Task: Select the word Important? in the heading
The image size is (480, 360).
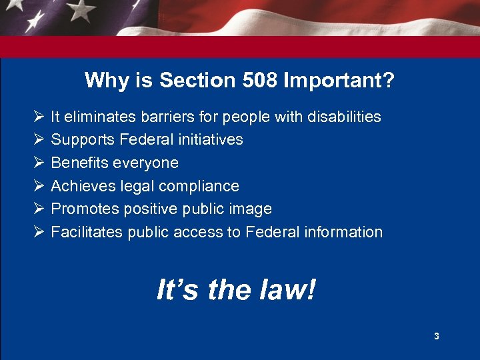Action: point(339,81)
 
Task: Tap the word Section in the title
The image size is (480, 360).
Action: point(189,81)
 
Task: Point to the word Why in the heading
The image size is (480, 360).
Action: point(103,81)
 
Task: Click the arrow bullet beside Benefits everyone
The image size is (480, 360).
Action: point(38,163)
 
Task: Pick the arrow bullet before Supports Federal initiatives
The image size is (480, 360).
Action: point(38,139)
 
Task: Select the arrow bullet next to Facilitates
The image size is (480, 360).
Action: point(38,232)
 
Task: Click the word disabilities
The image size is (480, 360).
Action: point(344,117)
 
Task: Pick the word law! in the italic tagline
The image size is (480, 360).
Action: point(289,290)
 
